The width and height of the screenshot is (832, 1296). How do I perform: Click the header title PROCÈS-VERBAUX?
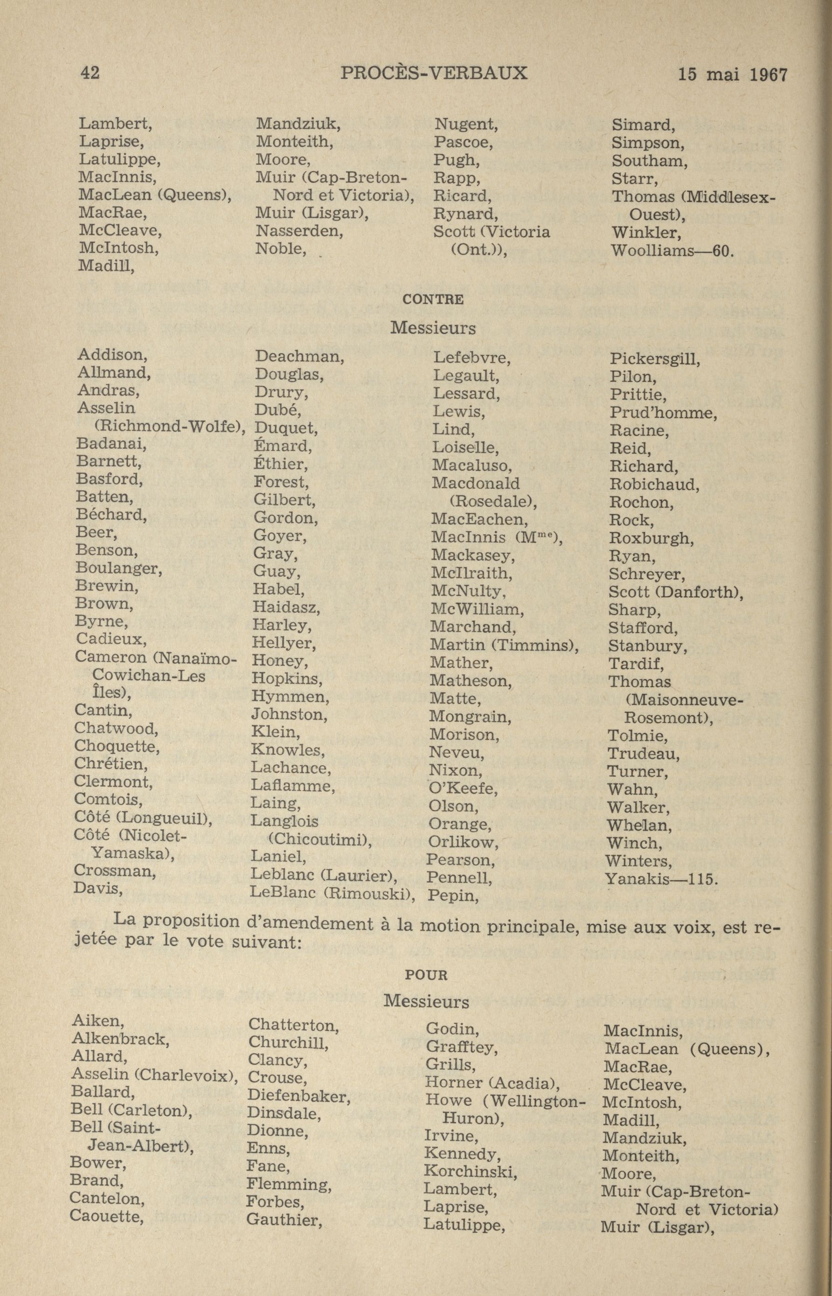434,73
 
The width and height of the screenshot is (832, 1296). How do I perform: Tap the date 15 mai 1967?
733,75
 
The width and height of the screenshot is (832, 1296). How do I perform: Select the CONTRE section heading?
433,299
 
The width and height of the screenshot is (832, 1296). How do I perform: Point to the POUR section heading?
426,975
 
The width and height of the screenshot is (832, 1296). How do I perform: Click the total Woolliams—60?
672,251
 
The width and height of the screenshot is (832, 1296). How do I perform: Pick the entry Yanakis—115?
661,879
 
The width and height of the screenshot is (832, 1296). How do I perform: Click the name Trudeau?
644,753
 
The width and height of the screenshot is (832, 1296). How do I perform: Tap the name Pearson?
461,859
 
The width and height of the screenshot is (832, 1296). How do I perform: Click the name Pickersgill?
655,358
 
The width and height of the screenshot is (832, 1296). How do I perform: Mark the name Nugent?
466,124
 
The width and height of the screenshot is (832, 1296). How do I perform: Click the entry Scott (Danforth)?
675,592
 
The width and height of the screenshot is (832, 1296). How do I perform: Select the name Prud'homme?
663,413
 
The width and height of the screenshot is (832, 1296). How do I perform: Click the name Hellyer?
284,642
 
